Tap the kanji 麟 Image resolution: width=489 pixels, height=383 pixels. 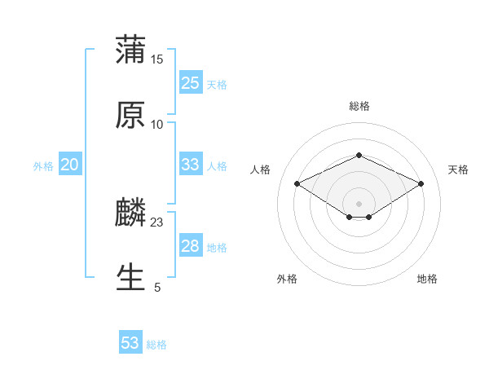coord(130,213)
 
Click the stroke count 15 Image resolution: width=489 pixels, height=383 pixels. coord(157,59)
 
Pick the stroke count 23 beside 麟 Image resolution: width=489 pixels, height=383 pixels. coord(157,222)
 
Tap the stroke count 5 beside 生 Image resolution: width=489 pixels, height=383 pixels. coord(157,287)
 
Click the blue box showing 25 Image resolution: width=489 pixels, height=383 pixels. coord(190,83)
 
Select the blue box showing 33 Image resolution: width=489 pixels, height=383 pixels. coord(190,165)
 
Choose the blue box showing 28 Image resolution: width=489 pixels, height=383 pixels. coord(190,246)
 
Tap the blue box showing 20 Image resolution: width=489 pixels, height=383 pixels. coord(69,165)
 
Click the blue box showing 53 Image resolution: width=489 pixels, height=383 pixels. coord(130,343)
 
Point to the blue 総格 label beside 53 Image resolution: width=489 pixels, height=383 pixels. coord(156,345)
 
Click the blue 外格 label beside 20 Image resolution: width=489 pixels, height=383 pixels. coord(43,166)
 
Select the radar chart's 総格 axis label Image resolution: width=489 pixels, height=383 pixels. coord(359,106)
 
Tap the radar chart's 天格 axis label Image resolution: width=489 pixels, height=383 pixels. coord(458,169)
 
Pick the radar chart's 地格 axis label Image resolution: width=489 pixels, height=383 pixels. coord(427,279)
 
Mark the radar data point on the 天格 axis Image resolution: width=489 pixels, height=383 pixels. coord(421,183)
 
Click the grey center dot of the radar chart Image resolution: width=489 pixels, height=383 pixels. coord(359,203)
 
